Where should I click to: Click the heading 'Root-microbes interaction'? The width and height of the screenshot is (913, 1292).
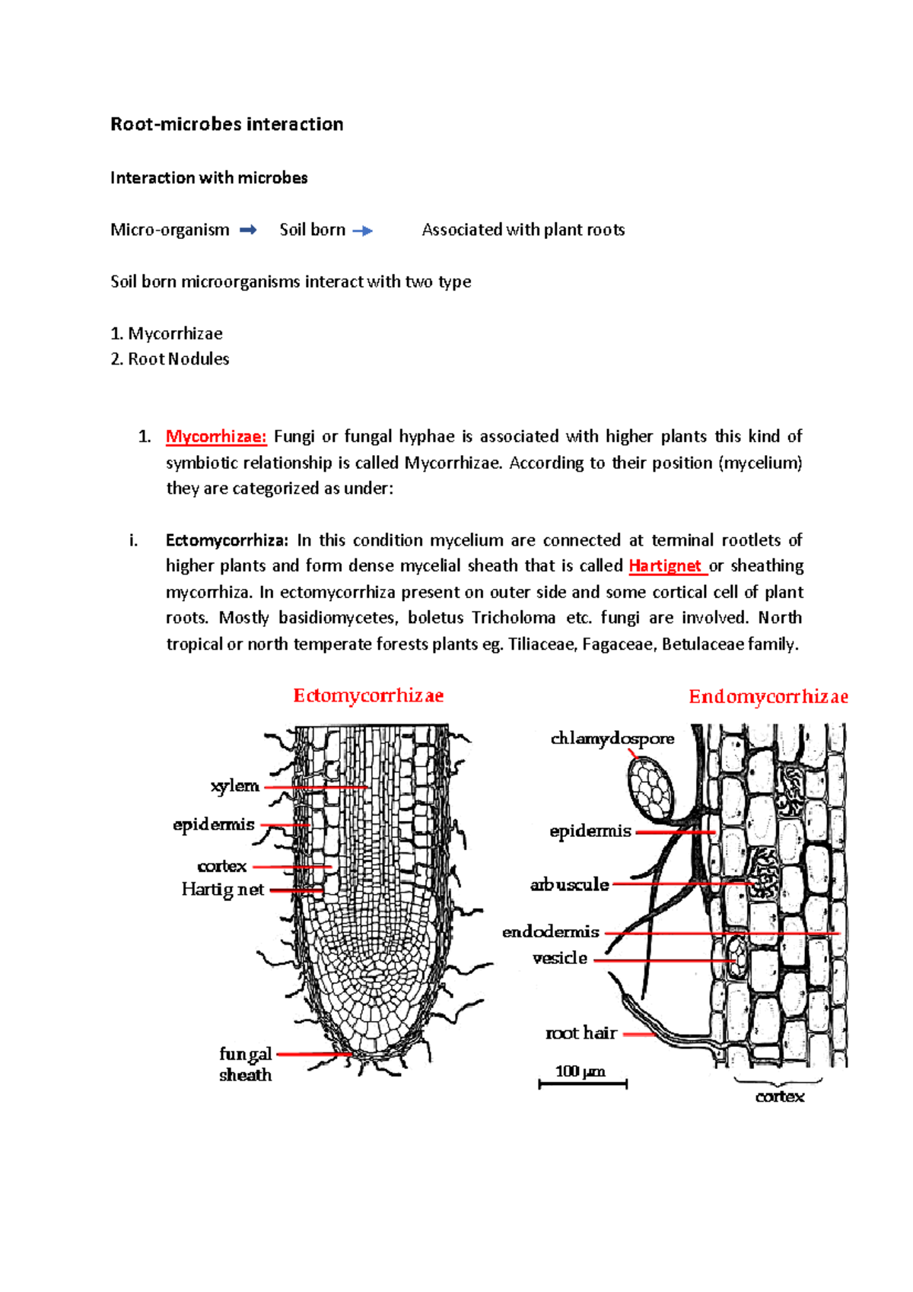(x=227, y=124)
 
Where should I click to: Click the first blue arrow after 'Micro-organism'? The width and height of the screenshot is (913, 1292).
(x=248, y=230)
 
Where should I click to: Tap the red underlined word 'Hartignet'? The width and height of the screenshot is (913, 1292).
(x=665, y=566)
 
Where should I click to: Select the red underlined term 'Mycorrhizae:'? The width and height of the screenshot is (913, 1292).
(x=216, y=437)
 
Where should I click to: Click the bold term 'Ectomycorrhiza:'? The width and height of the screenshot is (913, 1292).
(x=227, y=540)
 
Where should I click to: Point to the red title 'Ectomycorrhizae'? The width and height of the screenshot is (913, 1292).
(x=368, y=695)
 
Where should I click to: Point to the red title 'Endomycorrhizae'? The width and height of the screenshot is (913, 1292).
(x=768, y=697)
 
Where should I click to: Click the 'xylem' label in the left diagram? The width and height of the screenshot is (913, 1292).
(x=235, y=786)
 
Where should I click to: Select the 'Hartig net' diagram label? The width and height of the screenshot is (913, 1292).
(x=222, y=889)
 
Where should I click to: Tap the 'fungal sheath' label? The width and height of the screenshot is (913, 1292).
(x=245, y=1064)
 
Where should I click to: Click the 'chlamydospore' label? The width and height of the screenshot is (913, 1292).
(x=612, y=739)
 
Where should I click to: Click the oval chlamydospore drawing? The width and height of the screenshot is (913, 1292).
(x=651, y=791)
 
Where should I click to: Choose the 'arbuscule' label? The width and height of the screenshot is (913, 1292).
(x=570, y=885)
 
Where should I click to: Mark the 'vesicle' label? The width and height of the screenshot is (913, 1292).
(x=560, y=958)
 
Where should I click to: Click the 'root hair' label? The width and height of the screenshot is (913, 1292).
(x=581, y=1033)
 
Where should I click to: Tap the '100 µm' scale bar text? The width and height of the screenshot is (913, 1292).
(x=580, y=1071)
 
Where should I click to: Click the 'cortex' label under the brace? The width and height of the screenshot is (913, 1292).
(x=780, y=1096)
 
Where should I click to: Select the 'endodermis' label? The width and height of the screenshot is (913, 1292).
(x=551, y=932)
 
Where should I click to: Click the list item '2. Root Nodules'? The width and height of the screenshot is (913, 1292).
(x=170, y=359)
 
